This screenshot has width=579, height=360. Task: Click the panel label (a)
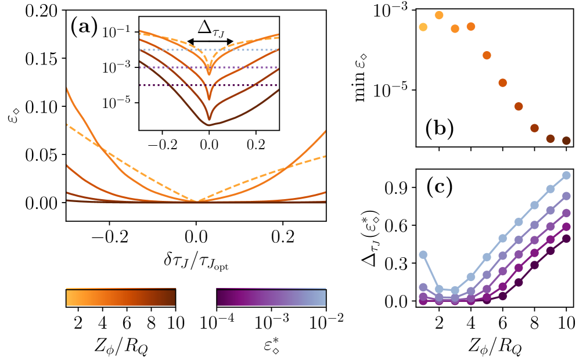pos(84,27)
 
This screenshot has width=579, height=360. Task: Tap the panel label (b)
pos(439,128)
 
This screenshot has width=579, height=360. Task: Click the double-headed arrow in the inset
pos(210,42)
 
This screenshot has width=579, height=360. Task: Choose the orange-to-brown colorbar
pos(121,298)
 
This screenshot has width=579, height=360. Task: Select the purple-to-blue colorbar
pos(271,298)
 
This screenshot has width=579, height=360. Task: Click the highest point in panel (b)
pos(439,15)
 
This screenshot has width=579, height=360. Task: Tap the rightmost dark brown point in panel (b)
pos(566,141)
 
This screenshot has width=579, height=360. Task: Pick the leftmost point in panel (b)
pos(423,27)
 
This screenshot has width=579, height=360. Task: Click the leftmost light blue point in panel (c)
pos(423,254)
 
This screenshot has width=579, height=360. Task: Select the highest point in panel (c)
pos(566,175)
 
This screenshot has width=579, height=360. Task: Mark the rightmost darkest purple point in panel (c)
pos(566,238)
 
